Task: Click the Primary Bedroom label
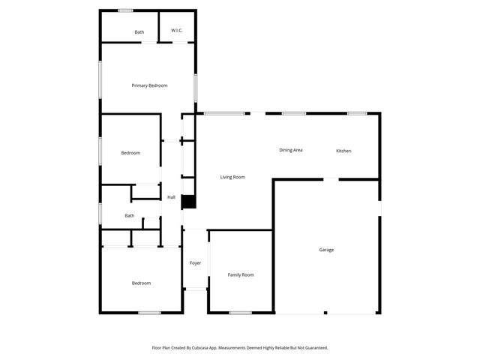click(149, 85)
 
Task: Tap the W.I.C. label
click(177, 31)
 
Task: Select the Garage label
click(326, 250)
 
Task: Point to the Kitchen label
click(343, 151)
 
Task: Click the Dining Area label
click(291, 150)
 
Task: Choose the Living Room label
click(232, 177)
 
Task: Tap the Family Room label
click(241, 274)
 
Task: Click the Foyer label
click(195, 263)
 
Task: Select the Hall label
click(171, 197)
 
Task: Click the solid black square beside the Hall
click(188, 202)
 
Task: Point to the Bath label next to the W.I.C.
click(139, 32)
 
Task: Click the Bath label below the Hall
click(130, 216)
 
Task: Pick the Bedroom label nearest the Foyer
click(141, 283)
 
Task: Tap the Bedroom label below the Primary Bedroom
click(130, 153)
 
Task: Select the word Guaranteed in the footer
click(312, 348)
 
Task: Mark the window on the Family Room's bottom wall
click(240, 313)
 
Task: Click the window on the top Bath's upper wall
click(125, 10)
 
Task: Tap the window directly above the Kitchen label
click(357, 113)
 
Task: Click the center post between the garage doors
click(325, 313)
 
